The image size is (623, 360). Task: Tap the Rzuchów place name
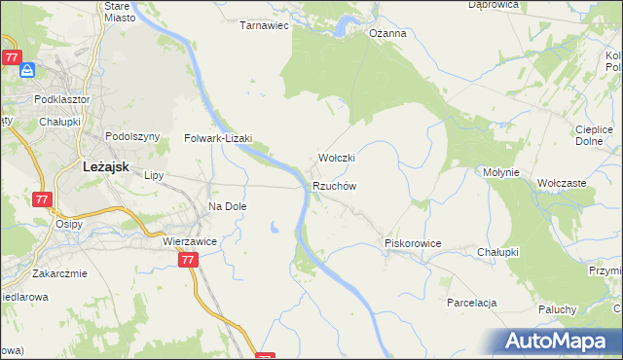point(335,186)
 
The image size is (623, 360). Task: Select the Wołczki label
point(337,158)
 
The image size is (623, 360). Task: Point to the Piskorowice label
point(414,243)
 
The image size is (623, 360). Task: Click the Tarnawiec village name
point(265,26)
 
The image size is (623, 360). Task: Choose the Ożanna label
point(386,33)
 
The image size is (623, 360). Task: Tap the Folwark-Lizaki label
point(219,139)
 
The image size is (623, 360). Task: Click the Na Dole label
point(228,206)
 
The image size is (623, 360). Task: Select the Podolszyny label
point(131,137)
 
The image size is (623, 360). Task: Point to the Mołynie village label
point(502,172)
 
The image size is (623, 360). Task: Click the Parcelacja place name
point(472,303)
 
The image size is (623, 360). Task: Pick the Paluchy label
point(558,309)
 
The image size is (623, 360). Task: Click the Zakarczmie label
point(59,273)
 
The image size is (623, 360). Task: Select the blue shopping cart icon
point(28,71)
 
